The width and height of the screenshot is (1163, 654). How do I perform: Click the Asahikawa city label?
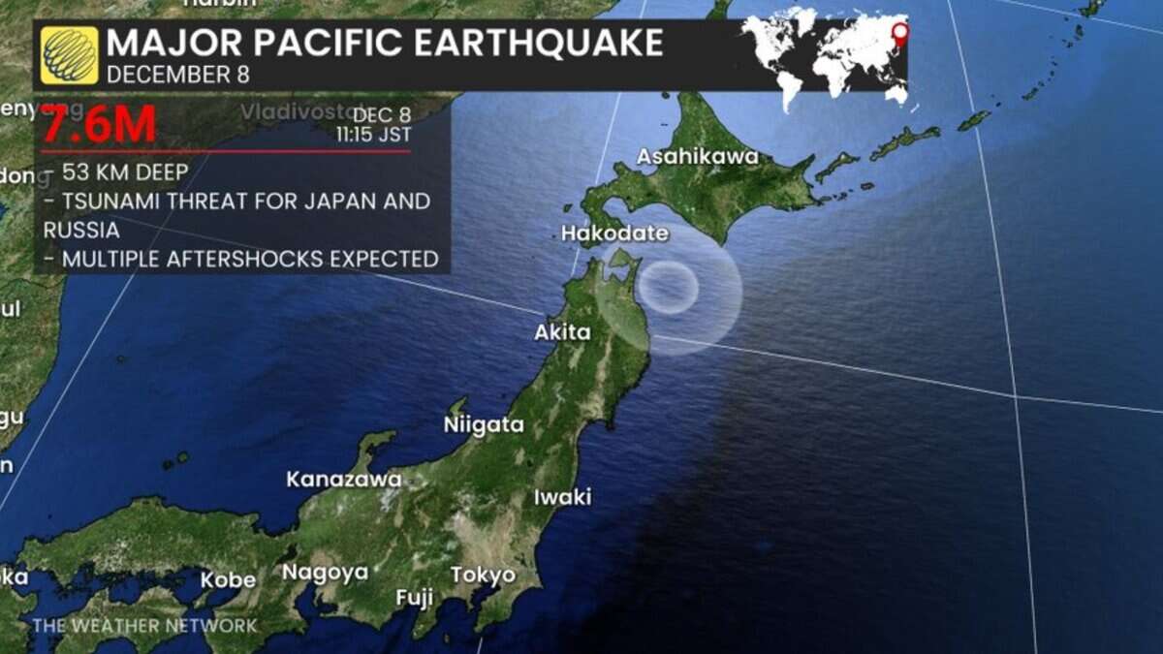698,157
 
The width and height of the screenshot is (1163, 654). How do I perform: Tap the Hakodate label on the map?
614,234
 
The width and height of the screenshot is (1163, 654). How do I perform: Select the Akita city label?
562,332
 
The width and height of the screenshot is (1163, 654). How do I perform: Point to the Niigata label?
484,424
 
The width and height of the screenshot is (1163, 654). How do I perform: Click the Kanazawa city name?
343,479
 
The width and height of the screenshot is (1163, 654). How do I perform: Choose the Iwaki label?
562,497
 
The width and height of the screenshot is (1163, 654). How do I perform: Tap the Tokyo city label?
483,575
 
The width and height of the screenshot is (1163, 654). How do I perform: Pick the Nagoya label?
325,573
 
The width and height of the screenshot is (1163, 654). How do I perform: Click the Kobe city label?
228,580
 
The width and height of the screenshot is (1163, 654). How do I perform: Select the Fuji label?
414,598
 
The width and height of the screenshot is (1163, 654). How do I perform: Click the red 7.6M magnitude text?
98,125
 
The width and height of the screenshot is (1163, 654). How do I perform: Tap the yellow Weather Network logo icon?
69,55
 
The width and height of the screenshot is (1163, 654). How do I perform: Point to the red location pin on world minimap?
900,34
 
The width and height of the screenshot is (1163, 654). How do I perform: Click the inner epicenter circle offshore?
669,287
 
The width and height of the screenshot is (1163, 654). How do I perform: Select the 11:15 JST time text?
373,135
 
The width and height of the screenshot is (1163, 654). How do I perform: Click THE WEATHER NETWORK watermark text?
145,625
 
